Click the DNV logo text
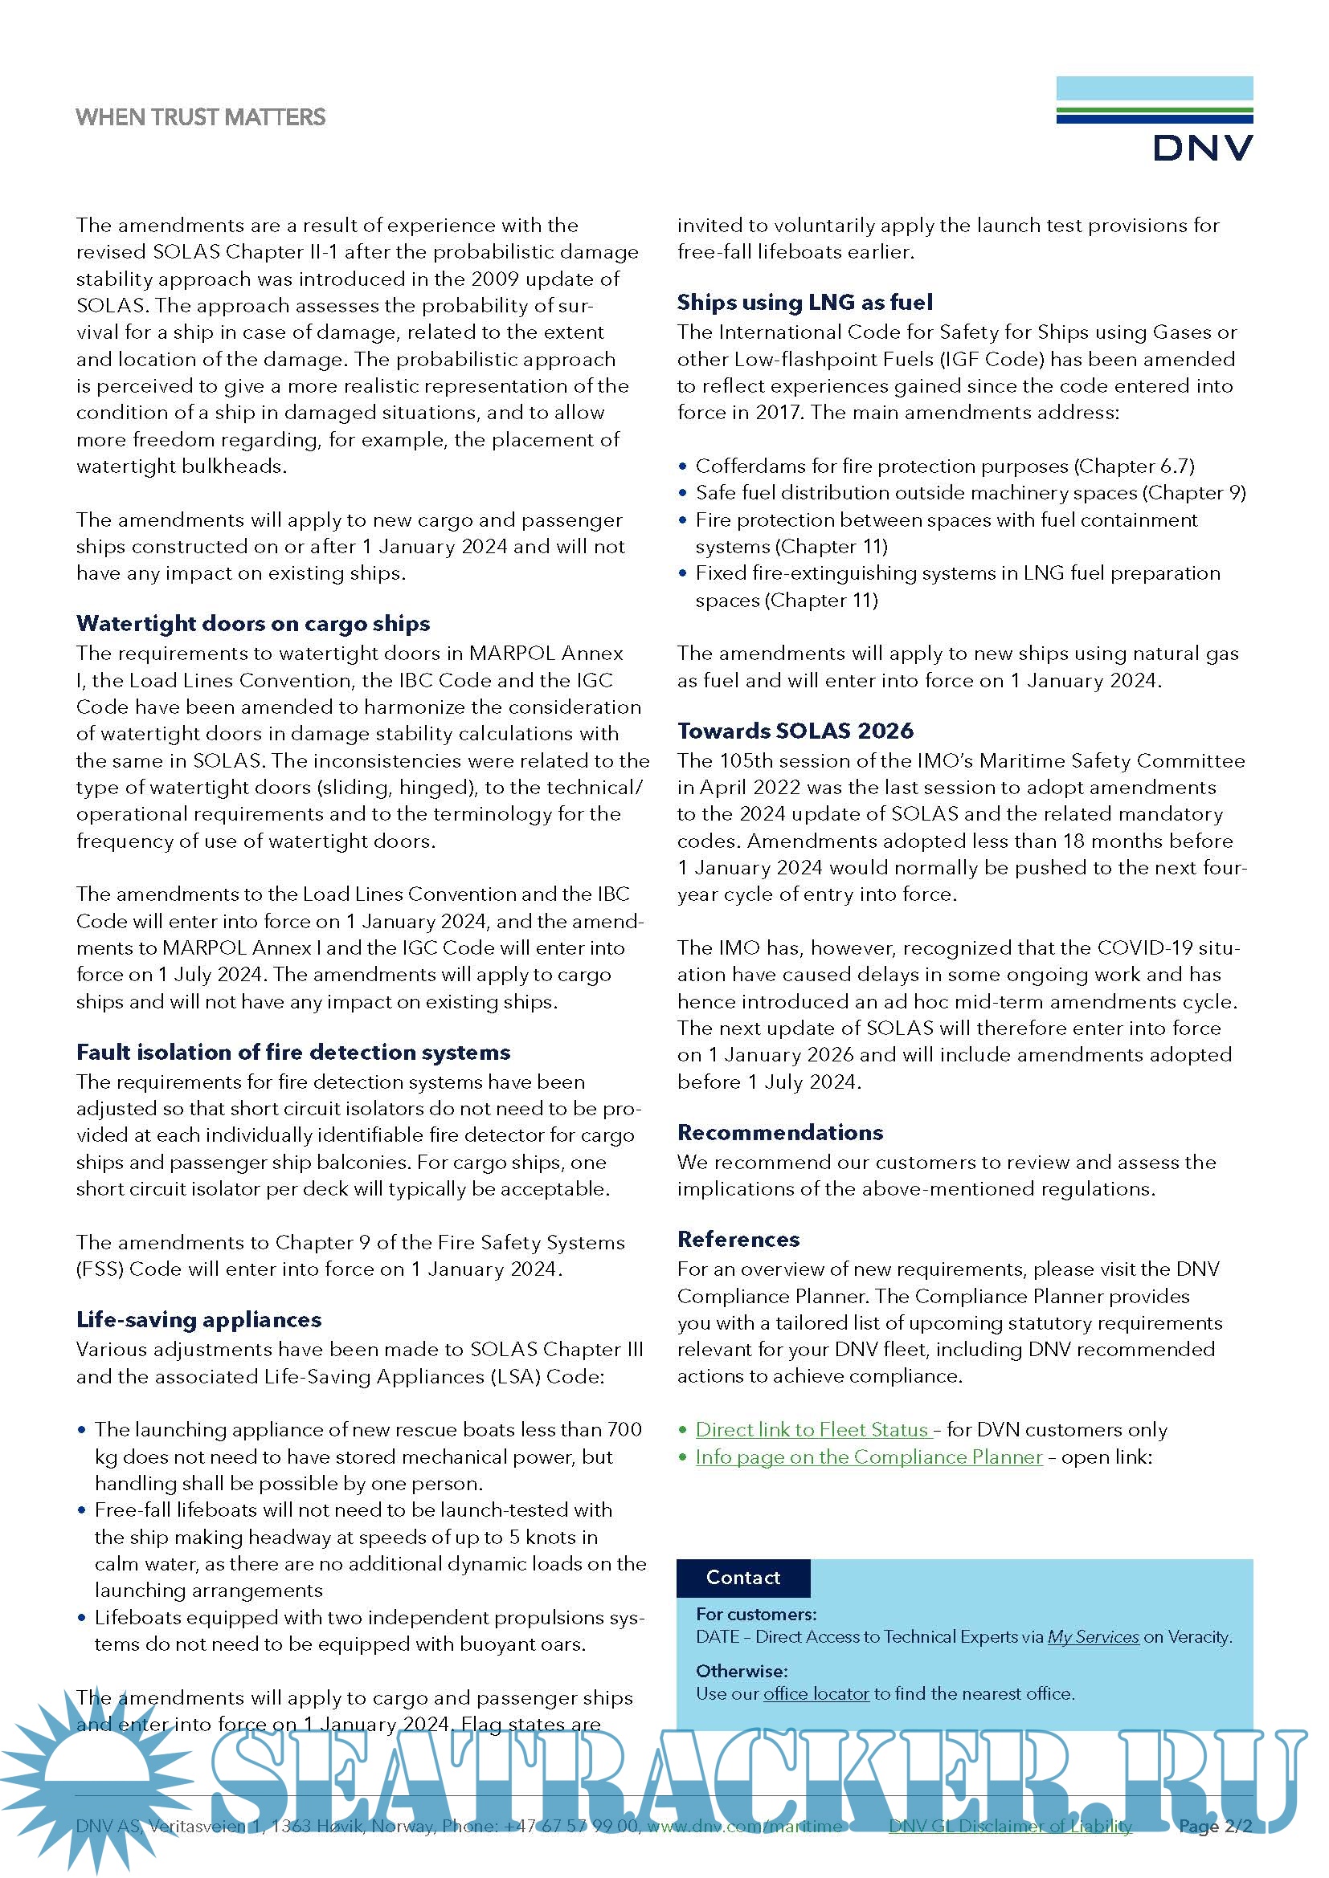1202,148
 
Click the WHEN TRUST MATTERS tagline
201,117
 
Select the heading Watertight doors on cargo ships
253,623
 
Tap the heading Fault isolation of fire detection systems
293,1052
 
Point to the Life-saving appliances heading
198,1319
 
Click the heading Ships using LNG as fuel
804,303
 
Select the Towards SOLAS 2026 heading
795,731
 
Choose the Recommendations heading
780,1132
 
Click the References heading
738,1239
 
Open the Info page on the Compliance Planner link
869,1456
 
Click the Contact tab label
743,1577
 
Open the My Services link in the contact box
1094,1636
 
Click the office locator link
816,1693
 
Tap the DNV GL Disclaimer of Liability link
1010,1826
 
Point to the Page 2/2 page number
1215,1826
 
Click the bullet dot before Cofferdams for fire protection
682,466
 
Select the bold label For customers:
756,1614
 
